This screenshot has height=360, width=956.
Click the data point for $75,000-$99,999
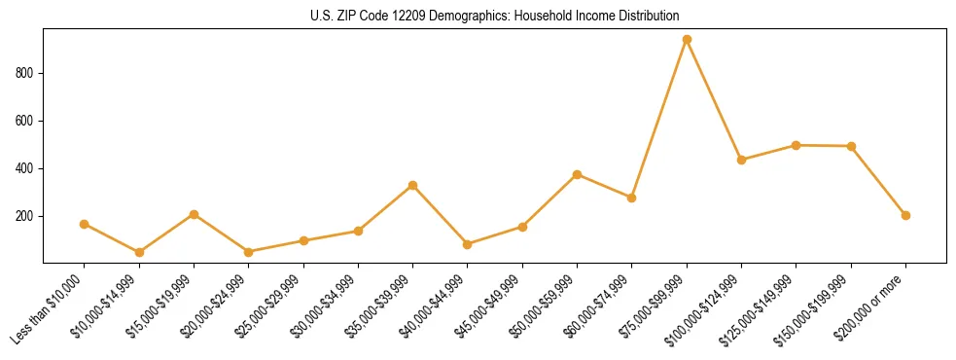click(687, 40)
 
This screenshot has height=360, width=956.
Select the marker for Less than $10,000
click(85, 224)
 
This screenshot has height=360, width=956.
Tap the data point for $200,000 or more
click(905, 215)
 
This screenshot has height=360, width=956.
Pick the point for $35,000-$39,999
click(413, 185)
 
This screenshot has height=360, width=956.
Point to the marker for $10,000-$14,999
click(139, 252)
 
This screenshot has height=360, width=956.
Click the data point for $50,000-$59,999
click(578, 174)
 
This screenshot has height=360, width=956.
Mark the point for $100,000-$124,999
click(741, 160)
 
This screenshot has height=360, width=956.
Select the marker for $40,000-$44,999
click(468, 244)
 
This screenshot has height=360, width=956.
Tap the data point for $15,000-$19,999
click(195, 214)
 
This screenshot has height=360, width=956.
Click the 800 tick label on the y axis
click(26, 73)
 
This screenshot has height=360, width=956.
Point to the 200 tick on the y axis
click(26, 216)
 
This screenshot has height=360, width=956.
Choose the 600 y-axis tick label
click(26, 121)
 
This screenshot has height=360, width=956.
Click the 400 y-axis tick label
click(26, 168)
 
